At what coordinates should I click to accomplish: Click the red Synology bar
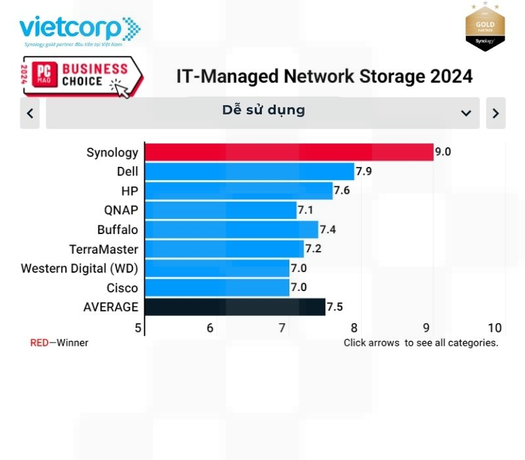[289, 152]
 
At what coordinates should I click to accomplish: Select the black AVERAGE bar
[234, 307]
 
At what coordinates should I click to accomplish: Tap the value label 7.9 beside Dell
[364, 172]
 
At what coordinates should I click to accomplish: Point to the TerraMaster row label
[104, 250]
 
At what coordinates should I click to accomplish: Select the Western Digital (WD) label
[79, 269]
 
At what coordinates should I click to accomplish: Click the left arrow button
[30, 113]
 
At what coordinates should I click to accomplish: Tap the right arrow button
[495, 113]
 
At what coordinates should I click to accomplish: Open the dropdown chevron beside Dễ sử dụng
[466, 113]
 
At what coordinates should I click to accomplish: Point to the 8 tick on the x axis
[354, 328]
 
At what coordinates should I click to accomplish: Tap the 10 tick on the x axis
[495, 328]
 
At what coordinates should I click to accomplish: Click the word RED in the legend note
[39, 343]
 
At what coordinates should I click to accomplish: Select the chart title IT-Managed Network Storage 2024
[324, 76]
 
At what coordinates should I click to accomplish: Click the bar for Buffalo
[231, 230]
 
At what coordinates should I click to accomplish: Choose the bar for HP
[238, 191]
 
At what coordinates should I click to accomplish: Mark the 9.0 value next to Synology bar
[443, 152]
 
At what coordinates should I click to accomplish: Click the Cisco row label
[123, 288]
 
